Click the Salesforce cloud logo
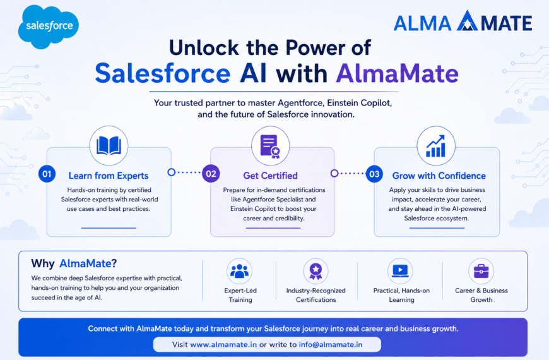click(49, 27)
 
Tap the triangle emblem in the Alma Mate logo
click(467, 21)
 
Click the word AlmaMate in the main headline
click(398, 73)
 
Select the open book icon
click(109, 145)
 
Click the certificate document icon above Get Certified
click(270, 146)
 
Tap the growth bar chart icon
click(435, 146)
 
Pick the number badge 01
click(47, 174)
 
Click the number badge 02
click(211, 174)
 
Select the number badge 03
click(374, 174)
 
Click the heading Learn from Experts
click(109, 176)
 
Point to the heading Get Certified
click(270, 176)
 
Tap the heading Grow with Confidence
click(439, 176)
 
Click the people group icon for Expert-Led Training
click(240, 272)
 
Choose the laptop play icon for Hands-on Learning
click(400, 271)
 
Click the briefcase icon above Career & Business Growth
click(481, 271)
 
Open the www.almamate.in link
click(223, 345)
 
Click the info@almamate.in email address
click(331, 345)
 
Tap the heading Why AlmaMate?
click(74, 263)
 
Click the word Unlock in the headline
click(204, 47)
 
